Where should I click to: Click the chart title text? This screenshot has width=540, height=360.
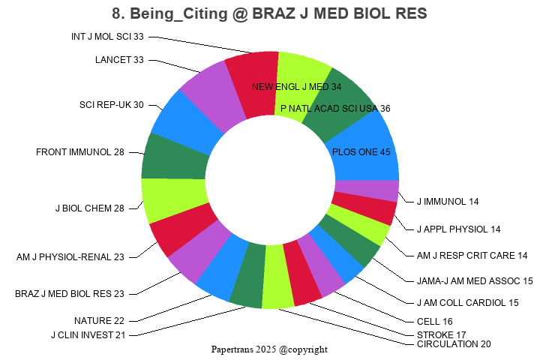[x=270, y=13]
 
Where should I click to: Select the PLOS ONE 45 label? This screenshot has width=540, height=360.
[x=361, y=152]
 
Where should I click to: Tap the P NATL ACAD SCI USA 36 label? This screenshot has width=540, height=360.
[x=335, y=109]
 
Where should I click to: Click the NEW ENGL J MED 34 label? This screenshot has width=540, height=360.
[x=296, y=87]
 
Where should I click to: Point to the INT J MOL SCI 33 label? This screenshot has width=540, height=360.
[x=107, y=36]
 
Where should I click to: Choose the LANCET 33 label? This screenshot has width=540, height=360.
[x=119, y=60]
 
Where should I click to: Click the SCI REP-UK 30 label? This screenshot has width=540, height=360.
[x=112, y=105]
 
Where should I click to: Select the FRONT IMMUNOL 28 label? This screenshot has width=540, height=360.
[x=80, y=152]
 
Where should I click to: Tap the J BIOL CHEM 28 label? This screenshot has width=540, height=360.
[x=90, y=208]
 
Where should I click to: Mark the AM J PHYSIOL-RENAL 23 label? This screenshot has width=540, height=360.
[x=70, y=256]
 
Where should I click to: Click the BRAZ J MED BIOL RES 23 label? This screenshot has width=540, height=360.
[x=70, y=293]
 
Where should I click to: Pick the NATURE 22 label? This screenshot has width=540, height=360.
[x=99, y=321]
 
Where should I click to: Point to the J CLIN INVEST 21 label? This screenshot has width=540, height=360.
[x=88, y=334]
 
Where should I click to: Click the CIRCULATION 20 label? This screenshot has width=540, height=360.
[x=454, y=344]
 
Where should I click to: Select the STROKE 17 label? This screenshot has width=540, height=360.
[x=441, y=334]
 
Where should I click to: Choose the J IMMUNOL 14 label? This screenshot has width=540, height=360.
[x=447, y=202]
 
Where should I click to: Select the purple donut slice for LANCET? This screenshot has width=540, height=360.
[x=207, y=89]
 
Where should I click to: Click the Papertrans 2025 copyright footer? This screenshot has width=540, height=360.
[x=269, y=349]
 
